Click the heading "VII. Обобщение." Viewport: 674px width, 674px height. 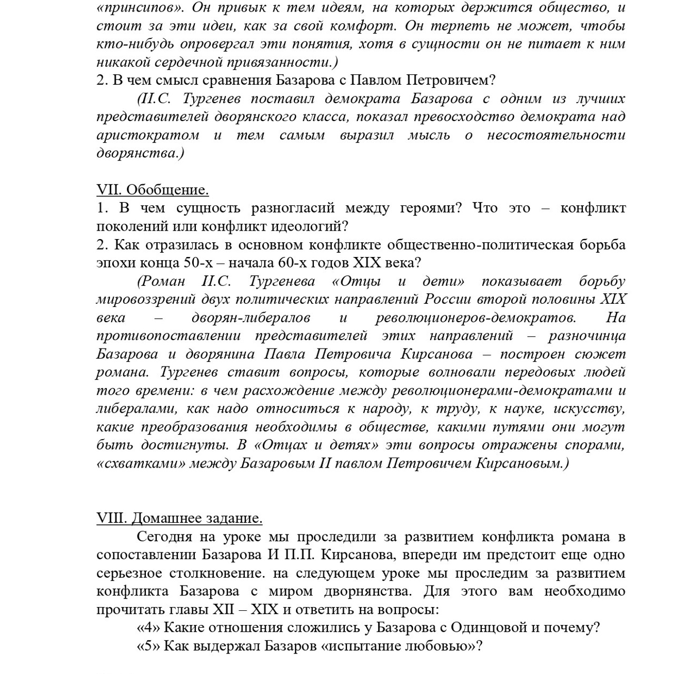point(153,190)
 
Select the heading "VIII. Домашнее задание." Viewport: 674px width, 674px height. point(179,518)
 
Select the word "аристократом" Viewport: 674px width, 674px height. point(148,135)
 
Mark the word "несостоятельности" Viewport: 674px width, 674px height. point(556,135)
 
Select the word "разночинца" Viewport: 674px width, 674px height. point(587,336)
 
